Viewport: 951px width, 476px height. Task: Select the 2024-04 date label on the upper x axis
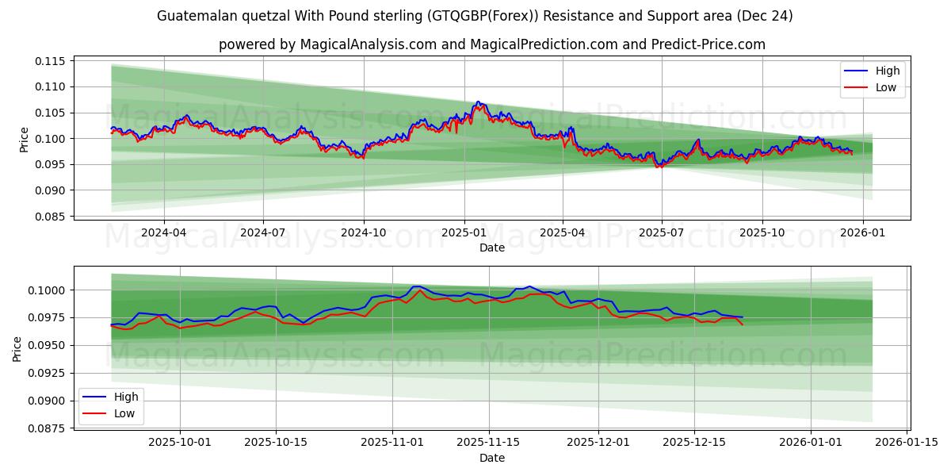(x=164, y=233)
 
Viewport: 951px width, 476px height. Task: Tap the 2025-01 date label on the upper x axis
(x=464, y=233)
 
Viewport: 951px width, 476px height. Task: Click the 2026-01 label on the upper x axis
(x=862, y=233)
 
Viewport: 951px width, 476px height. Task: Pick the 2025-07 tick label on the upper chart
(x=662, y=233)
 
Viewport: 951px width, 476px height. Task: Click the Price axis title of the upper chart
(x=24, y=140)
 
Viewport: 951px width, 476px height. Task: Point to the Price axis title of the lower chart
(x=17, y=348)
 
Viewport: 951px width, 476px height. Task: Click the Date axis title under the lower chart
(x=491, y=458)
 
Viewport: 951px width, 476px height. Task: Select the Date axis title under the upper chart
(x=491, y=248)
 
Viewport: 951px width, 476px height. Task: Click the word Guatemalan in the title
(x=197, y=16)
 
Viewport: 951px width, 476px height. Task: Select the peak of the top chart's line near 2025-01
(x=478, y=102)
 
